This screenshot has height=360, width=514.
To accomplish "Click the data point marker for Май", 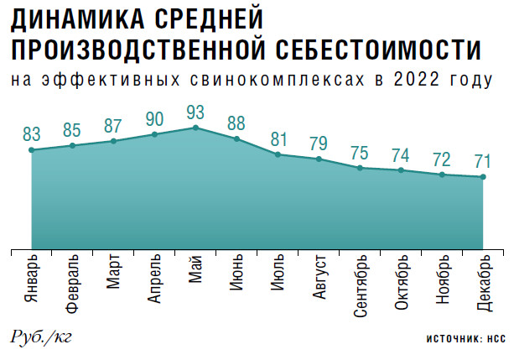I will point(195,128).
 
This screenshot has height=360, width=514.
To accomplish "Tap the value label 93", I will point(195,111).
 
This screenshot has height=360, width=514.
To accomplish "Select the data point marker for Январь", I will point(31,150).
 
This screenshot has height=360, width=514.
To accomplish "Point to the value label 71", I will point(484,159).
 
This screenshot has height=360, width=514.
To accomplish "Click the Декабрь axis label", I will point(484,281).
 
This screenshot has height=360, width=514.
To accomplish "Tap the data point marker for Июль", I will point(278,154).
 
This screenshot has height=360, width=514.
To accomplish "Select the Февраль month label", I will point(72,283).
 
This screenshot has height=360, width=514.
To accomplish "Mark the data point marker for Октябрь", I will point(402,170).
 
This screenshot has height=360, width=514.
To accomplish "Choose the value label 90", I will point(154,117).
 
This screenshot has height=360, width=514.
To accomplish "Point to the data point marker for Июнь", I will point(236,138).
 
